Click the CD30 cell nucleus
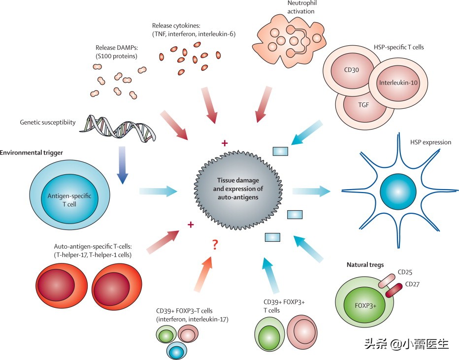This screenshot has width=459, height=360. [351, 70]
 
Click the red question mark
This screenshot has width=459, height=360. [215, 244]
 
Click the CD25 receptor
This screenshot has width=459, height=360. [387, 279]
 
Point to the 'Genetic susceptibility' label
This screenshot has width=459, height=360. [48, 122]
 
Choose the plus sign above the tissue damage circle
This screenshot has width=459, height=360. [225, 143]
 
